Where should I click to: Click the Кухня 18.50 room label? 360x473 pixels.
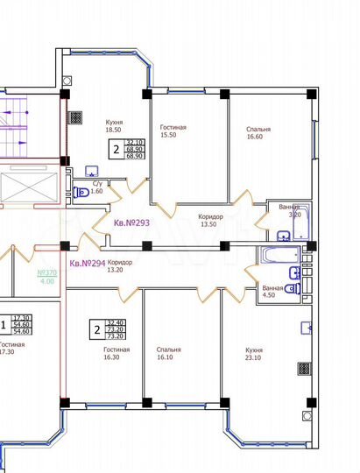[112, 125]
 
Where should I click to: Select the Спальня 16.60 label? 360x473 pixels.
[258, 132]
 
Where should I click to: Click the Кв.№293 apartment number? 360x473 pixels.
[132, 222]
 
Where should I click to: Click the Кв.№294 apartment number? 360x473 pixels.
[88, 262]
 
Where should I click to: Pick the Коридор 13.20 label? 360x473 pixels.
[120, 265]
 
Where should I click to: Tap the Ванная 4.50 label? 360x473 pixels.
[272, 292]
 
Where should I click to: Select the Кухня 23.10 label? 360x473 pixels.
[255, 353]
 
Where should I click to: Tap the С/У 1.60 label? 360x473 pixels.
[97, 187]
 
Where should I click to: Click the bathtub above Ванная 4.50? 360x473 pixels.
[279, 256]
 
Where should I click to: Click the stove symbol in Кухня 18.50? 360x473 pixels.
[77, 114]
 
